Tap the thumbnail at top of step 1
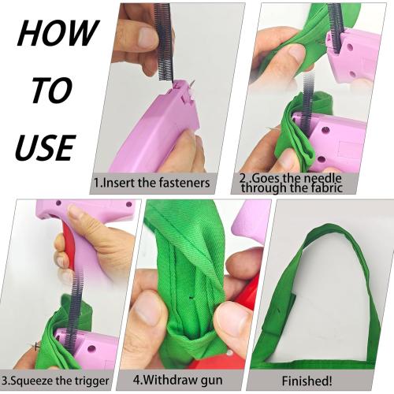147,36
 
